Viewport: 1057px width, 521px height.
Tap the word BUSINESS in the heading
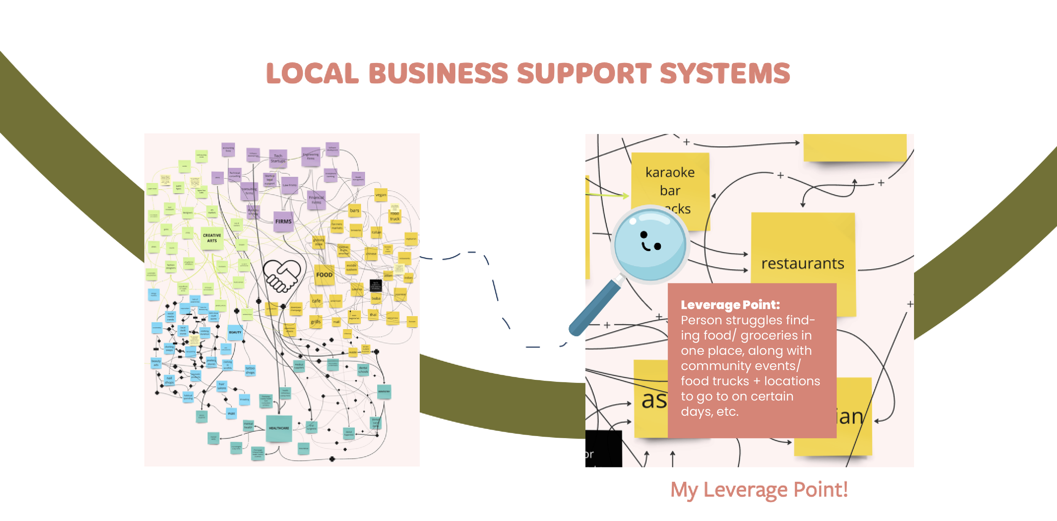pyautogui.click(x=438, y=74)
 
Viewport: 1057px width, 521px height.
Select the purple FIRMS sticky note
pyautogui.click(x=283, y=221)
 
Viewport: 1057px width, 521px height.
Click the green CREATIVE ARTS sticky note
pyautogui.click(x=212, y=238)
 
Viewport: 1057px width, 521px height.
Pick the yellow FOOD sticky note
pyautogui.click(x=324, y=275)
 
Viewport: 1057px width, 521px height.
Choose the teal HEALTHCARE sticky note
pyautogui.click(x=279, y=428)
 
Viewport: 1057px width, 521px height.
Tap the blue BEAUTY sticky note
pyautogui.click(x=235, y=333)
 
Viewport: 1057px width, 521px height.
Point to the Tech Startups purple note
pyautogui.click(x=278, y=158)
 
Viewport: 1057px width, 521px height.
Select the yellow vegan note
pyautogui.click(x=381, y=195)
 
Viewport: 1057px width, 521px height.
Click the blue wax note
pyautogui.click(x=231, y=413)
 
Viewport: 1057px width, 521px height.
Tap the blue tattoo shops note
pyautogui.click(x=250, y=370)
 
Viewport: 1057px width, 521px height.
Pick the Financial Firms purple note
pyautogui.click(x=316, y=200)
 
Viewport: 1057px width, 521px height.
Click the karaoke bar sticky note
pyautogui.click(x=670, y=182)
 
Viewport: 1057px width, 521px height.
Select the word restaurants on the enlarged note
pyautogui.click(x=802, y=264)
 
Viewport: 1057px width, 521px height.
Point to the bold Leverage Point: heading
pyautogui.click(x=730, y=305)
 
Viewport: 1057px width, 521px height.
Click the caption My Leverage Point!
pyautogui.click(x=759, y=490)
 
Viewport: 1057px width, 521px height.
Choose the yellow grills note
pyautogui.click(x=316, y=322)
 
